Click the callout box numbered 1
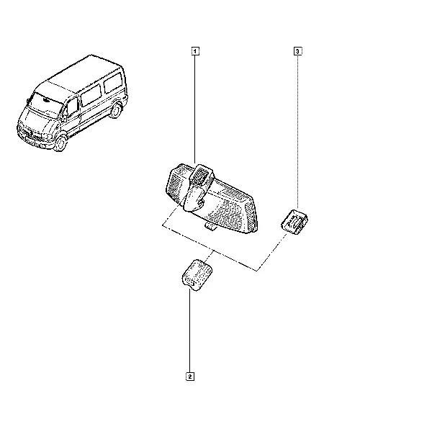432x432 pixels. click(195, 51)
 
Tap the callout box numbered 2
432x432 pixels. click(190, 377)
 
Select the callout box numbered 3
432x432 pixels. click(297, 51)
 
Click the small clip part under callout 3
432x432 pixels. click(294, 222)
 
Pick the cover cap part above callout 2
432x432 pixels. click(197, 275)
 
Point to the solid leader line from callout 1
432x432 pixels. click(195, 109)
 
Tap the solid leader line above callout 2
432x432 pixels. click(190, 330)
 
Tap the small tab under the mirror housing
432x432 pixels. click(211, 226)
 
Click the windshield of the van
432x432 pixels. click(45, 104)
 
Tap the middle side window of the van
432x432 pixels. click(91, 95)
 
